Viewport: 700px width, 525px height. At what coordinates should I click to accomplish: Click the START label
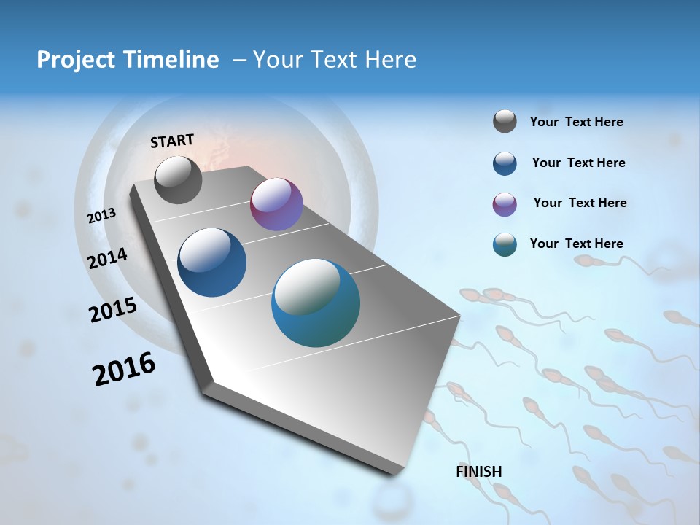172,141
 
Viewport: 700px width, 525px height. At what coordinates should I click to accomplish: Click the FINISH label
479,472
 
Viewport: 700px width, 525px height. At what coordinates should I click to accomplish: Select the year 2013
102,215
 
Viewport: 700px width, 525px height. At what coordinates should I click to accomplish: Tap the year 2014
108,258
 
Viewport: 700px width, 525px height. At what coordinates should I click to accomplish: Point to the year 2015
113,310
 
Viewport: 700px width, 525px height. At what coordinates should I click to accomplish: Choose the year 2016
124,369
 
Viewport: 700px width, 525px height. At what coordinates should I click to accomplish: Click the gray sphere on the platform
179,180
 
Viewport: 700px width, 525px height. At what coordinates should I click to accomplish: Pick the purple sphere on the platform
276,204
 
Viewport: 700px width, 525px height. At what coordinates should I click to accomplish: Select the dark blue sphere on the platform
212,262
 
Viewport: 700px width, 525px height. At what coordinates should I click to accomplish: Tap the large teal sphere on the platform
316,303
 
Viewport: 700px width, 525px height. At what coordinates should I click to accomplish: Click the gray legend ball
505,121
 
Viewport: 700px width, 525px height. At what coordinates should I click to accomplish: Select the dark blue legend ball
505,163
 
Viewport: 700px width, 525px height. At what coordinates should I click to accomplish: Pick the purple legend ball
505,204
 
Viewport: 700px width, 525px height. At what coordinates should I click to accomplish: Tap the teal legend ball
505,244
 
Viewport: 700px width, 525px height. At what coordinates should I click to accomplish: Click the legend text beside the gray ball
576,122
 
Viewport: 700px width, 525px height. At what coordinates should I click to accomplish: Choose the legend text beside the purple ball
580,203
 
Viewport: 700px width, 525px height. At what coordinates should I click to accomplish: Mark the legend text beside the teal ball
576,244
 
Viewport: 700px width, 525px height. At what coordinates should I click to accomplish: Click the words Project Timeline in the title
128,60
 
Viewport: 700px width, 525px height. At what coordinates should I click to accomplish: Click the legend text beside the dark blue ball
578,163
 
